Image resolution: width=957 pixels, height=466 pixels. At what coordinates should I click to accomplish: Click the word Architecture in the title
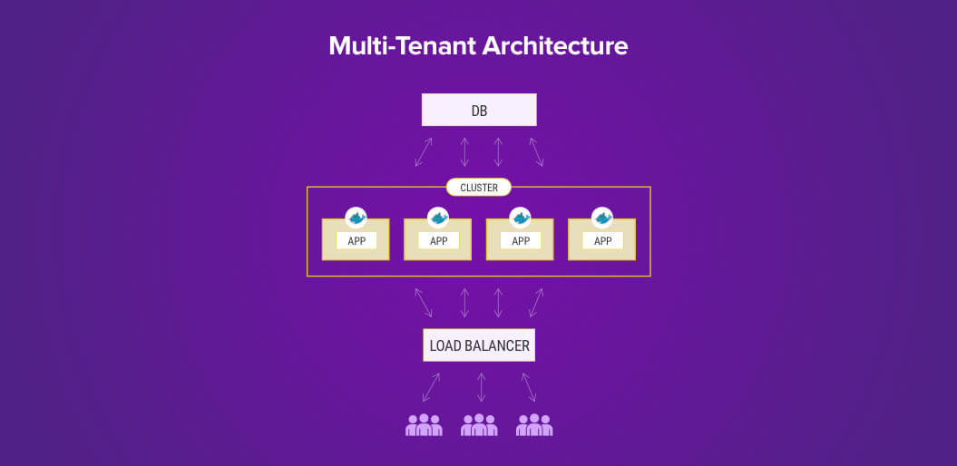(x=554, y=46)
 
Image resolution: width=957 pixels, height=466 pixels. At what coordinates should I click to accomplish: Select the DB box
(x=479, y=111)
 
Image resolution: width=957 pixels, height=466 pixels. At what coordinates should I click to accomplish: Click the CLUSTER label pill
(x=479, y=188)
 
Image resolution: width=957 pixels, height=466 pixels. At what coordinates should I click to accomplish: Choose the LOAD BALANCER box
(x=479, y=345)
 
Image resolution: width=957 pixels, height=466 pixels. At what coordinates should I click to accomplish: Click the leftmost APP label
(x=356, y=241)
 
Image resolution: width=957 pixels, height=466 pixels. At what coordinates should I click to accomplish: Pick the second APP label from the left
(x=438, y=241)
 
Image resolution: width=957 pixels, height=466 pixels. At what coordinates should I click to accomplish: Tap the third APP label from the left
(x=521, y=241)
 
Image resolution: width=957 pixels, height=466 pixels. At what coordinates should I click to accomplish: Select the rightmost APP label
(x=602, y=241)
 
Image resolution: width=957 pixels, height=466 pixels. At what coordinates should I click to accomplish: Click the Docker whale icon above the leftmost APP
(x=356, y=218)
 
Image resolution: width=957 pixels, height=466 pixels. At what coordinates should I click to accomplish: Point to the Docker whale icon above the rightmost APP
(x=602, y=218)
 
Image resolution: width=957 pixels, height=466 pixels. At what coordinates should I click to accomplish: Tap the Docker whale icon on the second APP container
(x=438, y=218)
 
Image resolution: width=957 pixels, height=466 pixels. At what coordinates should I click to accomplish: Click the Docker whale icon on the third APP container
(x=521, y=218)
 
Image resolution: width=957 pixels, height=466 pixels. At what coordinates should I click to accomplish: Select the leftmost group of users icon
(x=424, y=424)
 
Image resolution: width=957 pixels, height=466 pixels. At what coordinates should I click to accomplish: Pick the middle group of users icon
(x=479, y=424)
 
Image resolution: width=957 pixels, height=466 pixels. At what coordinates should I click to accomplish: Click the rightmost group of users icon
(x=534, y=424)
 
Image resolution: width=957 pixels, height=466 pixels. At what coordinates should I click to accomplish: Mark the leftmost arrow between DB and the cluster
(x=424, y=152)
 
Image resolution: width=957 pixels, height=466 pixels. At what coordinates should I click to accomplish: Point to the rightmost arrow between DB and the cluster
(x=536, y=152)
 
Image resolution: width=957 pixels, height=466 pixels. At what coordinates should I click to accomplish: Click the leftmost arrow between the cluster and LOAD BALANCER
(x=424, y=303)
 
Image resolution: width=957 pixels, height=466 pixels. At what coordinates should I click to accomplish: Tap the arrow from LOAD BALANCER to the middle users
(x=481, y=387)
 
